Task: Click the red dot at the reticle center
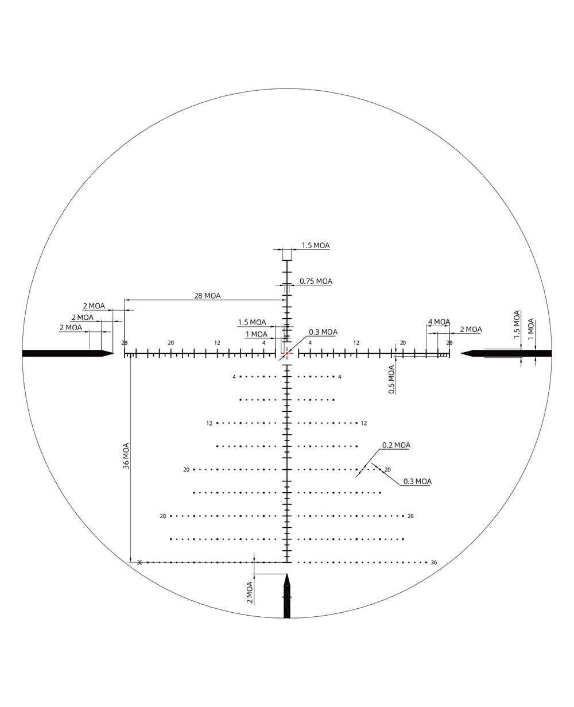tap(287, 354)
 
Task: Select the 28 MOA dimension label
tap(207, 295)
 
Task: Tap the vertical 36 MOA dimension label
tap(126, 456)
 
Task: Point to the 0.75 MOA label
tap(316, 281)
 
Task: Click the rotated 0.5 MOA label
tap(391, 380)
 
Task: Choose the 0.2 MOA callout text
tap(396, 445)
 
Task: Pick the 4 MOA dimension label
tap(439, 322)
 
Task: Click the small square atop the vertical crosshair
tap(287, 254)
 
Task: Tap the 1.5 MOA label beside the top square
tap(316, 245)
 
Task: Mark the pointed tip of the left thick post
tap(114, 353)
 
